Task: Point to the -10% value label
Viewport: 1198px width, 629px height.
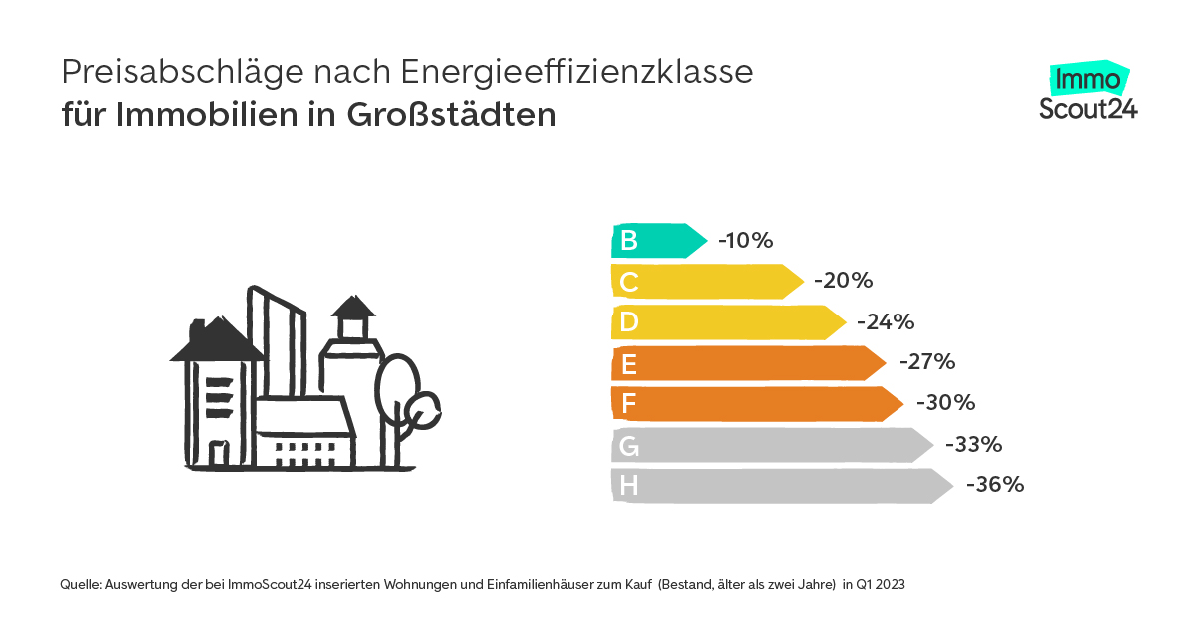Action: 746,241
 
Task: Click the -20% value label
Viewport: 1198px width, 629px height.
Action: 844,282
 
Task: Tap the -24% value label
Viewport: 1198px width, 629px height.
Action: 886,322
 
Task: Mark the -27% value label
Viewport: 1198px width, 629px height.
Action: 927,361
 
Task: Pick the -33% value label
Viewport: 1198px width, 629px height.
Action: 973,444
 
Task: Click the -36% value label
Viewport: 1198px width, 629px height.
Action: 995,485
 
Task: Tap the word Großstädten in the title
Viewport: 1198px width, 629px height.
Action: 451,115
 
